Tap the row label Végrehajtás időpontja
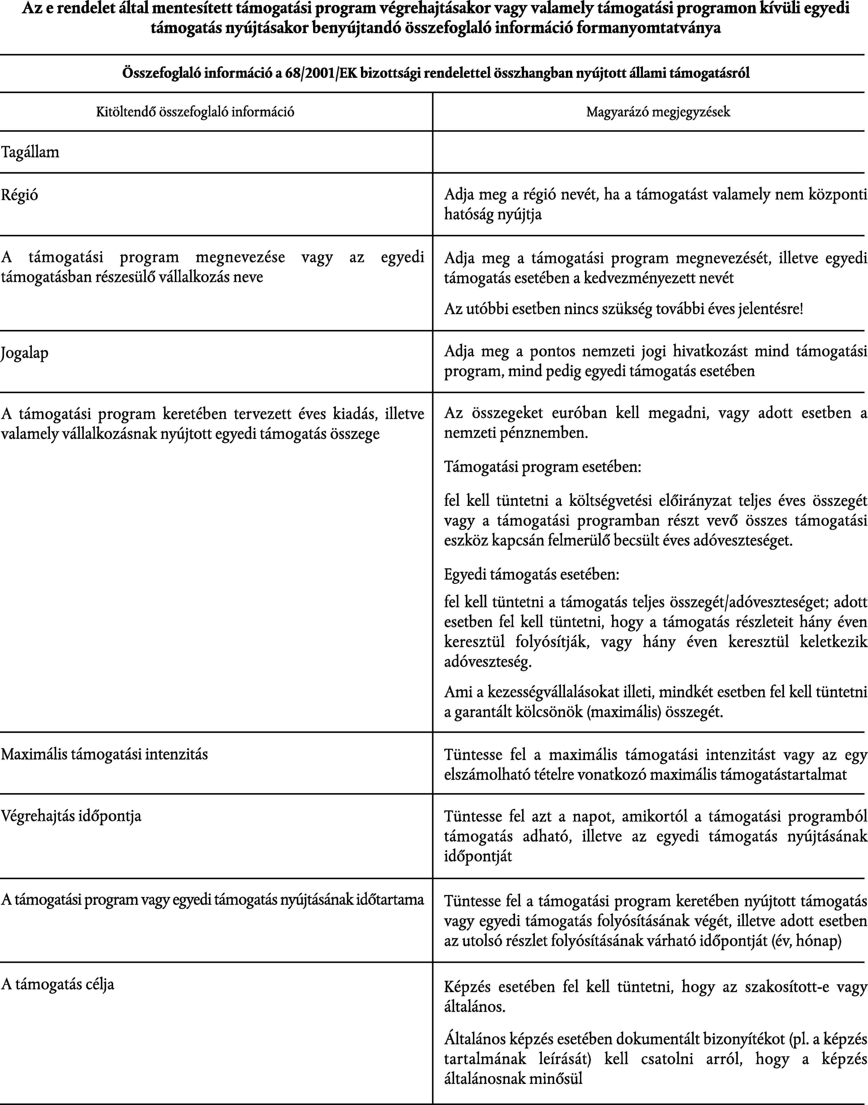click(71, 816)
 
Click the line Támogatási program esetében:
click(542, 467)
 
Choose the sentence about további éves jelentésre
click(624, 309)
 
